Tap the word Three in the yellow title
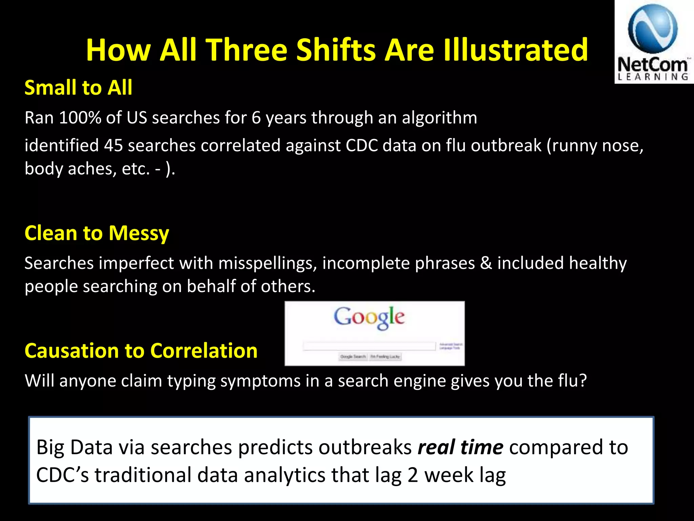coord(247,50)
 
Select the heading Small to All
coord(78,88)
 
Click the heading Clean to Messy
coord(97,234)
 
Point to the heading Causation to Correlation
coord(141,351)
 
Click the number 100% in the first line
coord(80,118)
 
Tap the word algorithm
coord(439,118)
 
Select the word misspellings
coord(267,263)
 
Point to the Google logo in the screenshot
coord(369,317)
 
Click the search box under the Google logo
coord(369,346)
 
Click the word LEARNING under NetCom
coord(653,77)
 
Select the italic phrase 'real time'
coord(461,447)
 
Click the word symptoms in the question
coord(260,381)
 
